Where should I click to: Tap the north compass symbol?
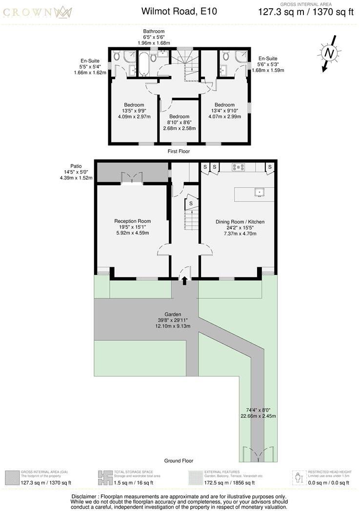point(329,53)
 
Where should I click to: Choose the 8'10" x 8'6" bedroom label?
point(179,122)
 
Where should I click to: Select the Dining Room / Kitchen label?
point(240,222)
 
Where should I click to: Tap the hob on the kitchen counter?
point(239,168)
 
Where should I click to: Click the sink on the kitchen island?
point(259,192)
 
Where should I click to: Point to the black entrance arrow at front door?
point(185,281)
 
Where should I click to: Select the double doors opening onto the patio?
point(132,178)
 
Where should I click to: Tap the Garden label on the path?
point(173,314)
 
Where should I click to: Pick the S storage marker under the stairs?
point(191,203)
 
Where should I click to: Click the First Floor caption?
point(178,152)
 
